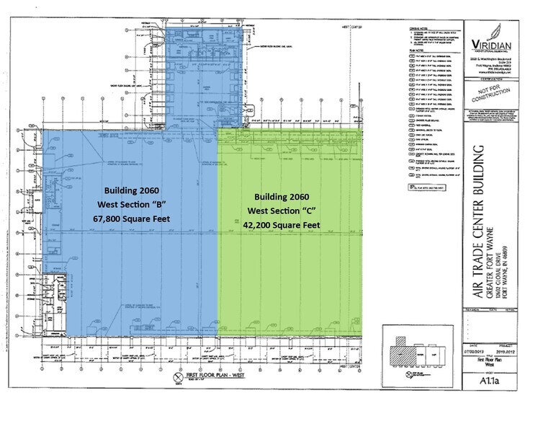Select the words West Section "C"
click(287, 210)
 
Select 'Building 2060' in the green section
click(287, 197)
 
